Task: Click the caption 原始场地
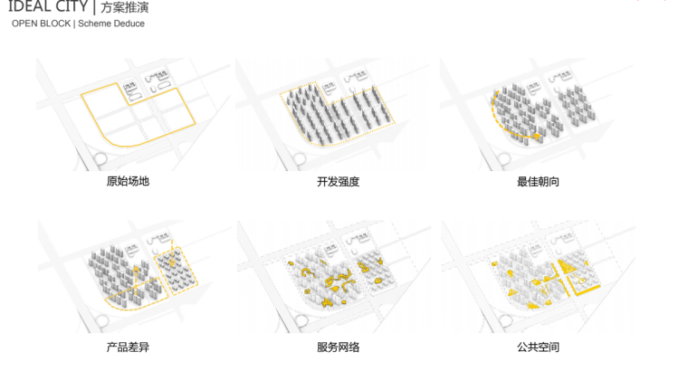coord(127,181)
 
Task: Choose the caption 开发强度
coord(338,181)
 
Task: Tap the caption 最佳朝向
coord(538,181)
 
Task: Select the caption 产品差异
coord(127,347)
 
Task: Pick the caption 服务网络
coord(338,347)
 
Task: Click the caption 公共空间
coord(538,347)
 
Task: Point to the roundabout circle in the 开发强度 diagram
coord(298,160)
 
